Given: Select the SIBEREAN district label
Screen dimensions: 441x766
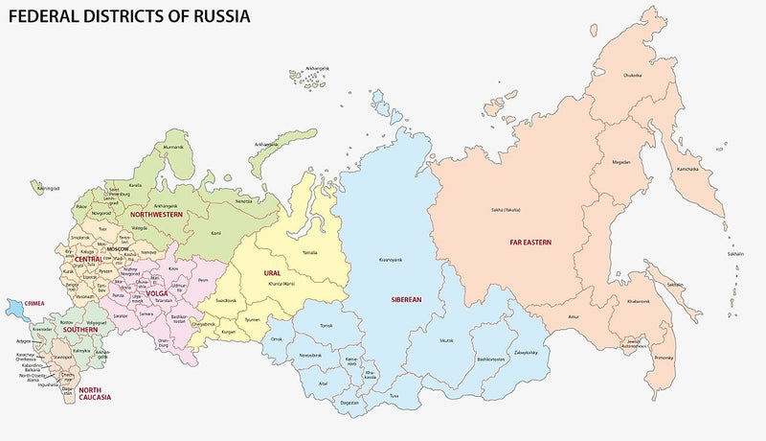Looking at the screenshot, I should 406,299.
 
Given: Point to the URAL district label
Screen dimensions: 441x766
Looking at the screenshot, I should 273,273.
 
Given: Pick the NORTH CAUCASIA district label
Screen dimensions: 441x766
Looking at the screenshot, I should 95,394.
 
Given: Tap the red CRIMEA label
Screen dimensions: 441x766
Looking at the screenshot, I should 34,303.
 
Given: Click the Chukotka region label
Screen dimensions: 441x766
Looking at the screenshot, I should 633,74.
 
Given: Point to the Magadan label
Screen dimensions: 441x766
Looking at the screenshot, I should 621,161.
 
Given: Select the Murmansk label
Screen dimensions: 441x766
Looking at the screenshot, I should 173,147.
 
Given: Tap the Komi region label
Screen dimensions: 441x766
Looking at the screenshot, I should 215,232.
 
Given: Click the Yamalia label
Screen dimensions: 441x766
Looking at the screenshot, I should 310,252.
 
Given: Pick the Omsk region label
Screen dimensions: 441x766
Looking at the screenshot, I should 277,337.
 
